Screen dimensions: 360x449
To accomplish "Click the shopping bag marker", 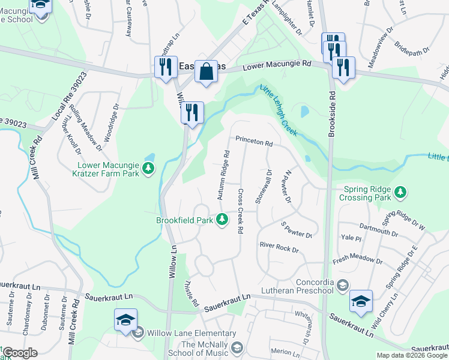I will point(206,72).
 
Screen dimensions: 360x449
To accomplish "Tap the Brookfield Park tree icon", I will point(222,220).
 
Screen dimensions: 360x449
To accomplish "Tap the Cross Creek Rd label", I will point(240,212).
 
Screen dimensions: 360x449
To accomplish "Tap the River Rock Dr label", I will point(279,246).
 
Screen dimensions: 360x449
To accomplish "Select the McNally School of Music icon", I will point(238,348).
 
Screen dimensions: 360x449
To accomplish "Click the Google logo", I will point(20,353).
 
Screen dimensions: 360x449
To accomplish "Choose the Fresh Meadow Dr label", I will point(358,261).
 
